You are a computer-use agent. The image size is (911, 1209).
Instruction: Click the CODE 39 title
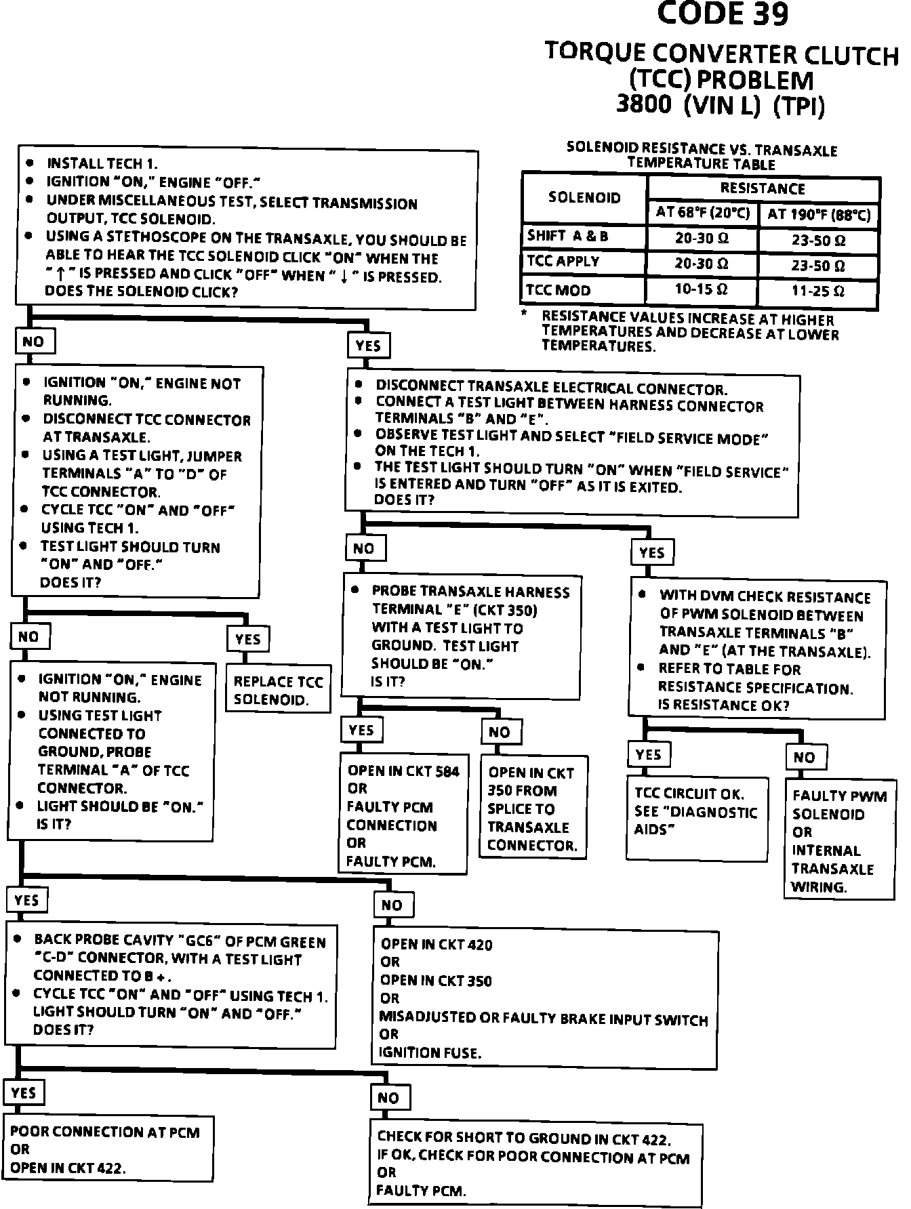coord(723,15)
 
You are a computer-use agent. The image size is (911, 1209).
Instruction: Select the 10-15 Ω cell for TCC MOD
coord(701,289)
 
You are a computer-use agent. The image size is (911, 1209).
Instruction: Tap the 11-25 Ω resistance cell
coord(818,291)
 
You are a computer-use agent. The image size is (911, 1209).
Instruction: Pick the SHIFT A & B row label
coord(568,236)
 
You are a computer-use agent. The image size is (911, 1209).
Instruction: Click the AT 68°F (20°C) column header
coord(702,213)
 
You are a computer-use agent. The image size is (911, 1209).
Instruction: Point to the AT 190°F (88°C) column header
coord(819,215)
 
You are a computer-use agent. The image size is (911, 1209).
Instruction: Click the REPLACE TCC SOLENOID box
coord(278,691)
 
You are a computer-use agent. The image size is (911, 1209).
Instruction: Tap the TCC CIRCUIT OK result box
coord(696,811)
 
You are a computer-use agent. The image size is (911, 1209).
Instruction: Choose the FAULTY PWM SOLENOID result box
coord(838,840)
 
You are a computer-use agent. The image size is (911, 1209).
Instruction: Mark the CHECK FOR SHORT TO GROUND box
coord(533,1163)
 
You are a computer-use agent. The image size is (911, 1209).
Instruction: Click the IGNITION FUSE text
coord(430,1052)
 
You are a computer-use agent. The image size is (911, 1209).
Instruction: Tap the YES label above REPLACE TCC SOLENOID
coord(248,638)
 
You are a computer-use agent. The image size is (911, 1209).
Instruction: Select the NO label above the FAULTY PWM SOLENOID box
coord(805,757)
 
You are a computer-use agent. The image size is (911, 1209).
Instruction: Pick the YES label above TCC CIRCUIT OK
coord(649,754)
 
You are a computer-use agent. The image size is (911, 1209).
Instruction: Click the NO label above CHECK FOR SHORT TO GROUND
coord(388,1098)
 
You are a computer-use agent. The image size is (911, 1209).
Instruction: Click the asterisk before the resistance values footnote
coord(524,314)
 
